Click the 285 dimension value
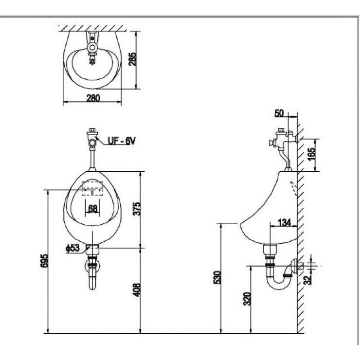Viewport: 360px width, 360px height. coord(132,59)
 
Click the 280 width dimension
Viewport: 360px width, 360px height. coord(93,98)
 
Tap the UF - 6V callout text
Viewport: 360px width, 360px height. coord(122,141)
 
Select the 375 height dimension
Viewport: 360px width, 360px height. coord(137,209)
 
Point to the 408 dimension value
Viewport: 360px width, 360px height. coord(137,290)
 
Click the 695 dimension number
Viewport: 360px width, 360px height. coord(44,261)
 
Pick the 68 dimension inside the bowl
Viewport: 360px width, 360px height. coord(93,209)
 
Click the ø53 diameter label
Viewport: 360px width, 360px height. coord(72,248)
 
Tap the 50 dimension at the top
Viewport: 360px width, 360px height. coord(279,113)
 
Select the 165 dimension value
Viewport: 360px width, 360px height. coord(313,155)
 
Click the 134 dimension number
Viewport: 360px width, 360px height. coord(284,222)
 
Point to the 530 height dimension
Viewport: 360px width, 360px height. coord(217,277)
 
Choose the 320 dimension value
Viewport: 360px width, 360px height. coord(247,299)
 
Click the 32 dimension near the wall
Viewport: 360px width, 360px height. coord(307,280)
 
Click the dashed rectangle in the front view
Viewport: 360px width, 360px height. coord(92,188)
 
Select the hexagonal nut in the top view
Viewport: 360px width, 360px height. coord(92,48)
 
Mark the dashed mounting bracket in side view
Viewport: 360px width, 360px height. coord(293,188)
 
